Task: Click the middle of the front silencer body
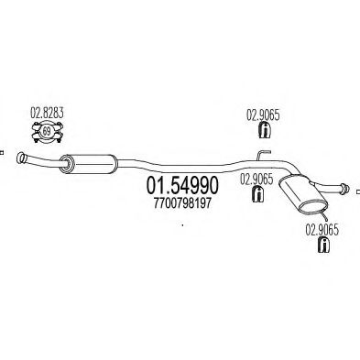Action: (87, 164)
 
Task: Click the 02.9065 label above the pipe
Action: (262, 115)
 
